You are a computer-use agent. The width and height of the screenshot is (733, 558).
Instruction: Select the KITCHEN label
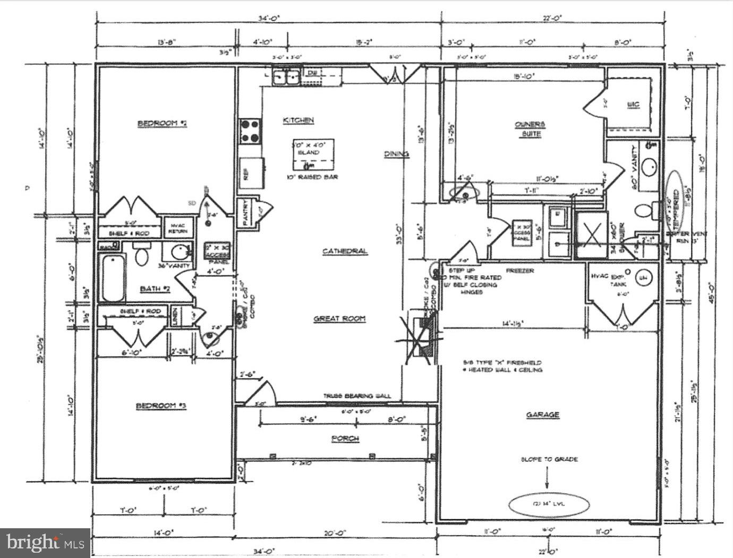pos(298,121)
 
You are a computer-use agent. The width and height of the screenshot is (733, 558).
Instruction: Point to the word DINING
pos(397,154)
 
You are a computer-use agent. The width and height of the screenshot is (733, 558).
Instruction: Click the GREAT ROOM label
pos(339,319)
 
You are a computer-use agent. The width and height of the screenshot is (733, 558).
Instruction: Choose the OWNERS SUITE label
pos(530,129)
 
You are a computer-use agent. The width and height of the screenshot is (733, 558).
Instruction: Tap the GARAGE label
pos(542,415)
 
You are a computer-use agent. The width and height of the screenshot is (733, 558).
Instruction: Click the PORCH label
pos(345,438)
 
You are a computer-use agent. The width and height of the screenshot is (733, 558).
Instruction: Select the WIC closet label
pos(633,105)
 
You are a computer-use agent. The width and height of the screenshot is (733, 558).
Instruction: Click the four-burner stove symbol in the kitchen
pos(250,131)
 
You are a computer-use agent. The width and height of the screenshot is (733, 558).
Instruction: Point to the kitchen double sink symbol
pos(286,78)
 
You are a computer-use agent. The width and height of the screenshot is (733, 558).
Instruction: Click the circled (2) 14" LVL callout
pos(549,503)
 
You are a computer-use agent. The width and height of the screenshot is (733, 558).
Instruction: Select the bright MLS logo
pos(45,543)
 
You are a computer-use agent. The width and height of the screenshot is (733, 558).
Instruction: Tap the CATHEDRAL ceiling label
pos(345,251)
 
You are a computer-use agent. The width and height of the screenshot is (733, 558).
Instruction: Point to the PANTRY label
pos(246,213)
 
